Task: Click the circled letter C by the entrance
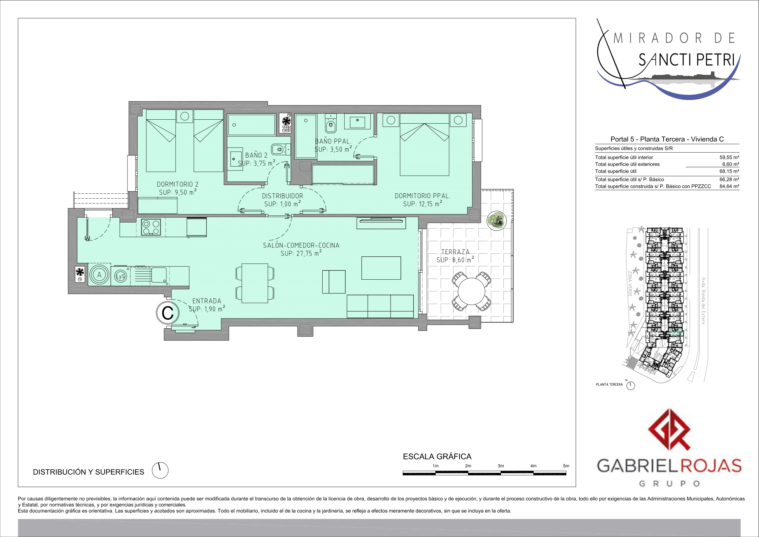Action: click(x=168, y=312)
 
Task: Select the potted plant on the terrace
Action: click(x=497, y=220)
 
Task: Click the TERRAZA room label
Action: click(x=455, y=252)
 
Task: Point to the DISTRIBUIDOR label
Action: click(x=282, y=196)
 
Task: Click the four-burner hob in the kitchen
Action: click(x=151, y=227)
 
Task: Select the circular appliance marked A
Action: click(x=99, y=275)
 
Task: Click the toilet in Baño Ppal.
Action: click(x=330, y=123)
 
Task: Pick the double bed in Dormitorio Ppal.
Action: click(x=424, y=149)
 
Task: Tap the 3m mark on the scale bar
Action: click(x=501, y=466)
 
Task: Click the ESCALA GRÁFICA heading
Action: click(x=437, y=457)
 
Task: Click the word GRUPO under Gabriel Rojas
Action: click(x=669, y=484)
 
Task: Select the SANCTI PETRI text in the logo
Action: click(x=686, y=60)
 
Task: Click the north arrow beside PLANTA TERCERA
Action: click(x=631, y=386)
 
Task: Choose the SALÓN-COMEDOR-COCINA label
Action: click(x=301, y=245)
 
